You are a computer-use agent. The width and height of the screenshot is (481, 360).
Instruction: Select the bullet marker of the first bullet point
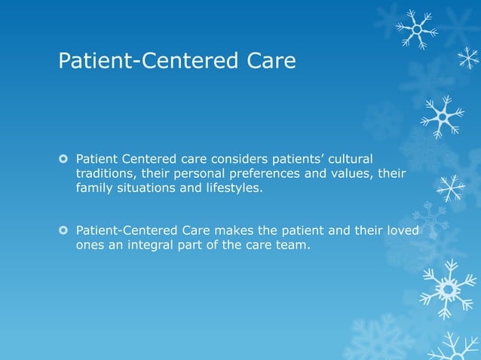point(64,159)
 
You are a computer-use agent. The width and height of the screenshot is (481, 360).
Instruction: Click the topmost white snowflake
point(415,29)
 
